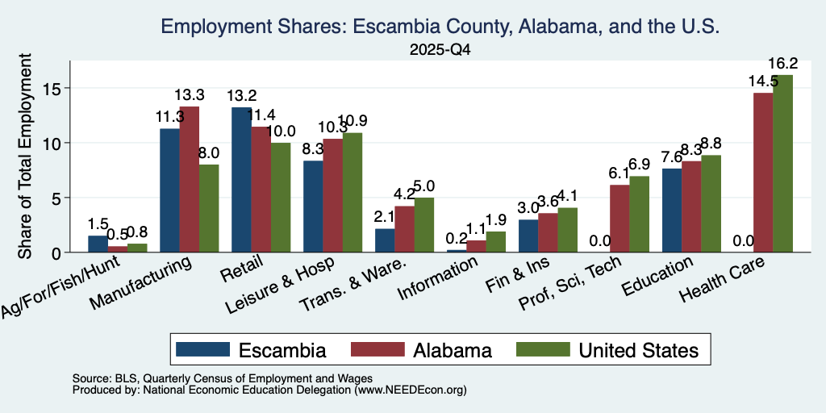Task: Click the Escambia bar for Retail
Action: click(241, 180)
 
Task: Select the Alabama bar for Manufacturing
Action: click(189, 179)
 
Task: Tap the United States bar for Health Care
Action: click(782, 163)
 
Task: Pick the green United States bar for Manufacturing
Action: click(209, 208)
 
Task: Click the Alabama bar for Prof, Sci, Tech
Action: click(619, 219)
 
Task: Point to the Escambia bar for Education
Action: click(672, 211)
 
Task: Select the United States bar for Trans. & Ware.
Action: click(424, 225)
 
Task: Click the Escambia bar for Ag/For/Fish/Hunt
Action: click(98, 244)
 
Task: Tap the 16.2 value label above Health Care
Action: click(782, 64)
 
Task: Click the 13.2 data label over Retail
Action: click(242, 96)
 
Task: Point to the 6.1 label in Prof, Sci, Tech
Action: click(619, 174)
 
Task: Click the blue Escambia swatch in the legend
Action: click(202, 349)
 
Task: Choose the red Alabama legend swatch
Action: click(378, 349)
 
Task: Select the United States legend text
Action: click(639, 350)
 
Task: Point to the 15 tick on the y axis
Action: click(52, 88)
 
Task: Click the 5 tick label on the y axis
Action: click(57, 198)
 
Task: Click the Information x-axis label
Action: click(439, 278)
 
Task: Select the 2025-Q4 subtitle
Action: click(440, 50)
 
